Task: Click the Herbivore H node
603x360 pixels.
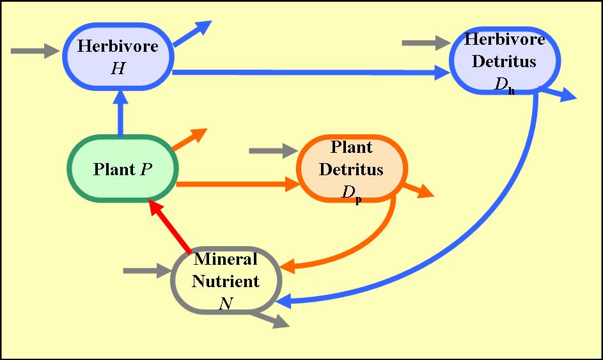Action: [118, 56]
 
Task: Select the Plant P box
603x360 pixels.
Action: [123, 169]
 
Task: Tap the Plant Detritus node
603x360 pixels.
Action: [351, 169]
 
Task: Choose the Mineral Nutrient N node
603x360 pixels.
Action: [225, 280]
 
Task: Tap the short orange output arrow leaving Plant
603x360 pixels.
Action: [190, 139]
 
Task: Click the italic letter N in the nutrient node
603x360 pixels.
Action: [225, 303]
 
